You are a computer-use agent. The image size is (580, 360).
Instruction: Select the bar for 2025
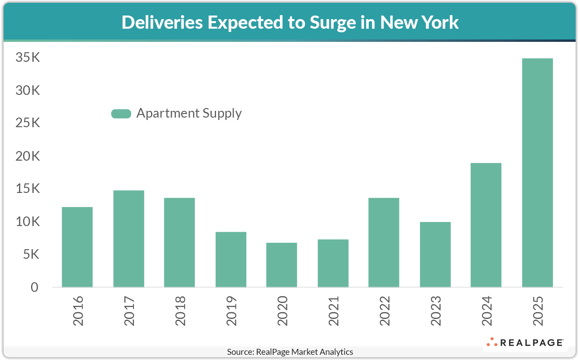point(537,173)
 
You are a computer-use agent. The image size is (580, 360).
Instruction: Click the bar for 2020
point(281,265)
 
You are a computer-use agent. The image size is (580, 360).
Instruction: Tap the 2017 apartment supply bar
point(128,238)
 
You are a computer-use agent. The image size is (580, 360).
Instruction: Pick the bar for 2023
point(435,254)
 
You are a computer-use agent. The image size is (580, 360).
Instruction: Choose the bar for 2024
point(486,225)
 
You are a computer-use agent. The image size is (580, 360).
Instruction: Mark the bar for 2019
point(231,259)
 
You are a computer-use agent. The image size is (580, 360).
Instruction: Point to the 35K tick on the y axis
point(28,57)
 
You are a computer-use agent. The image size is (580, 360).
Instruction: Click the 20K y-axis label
point(28,156)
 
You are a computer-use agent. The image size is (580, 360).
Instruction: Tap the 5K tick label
point(31,254)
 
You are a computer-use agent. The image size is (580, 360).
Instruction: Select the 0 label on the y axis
point(35,287)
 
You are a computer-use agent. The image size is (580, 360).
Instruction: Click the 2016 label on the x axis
point(78,311)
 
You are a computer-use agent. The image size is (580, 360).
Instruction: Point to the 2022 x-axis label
point(385,311)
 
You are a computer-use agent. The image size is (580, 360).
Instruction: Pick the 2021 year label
point(334,311)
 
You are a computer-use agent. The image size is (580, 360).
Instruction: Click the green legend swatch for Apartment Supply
point(121,114)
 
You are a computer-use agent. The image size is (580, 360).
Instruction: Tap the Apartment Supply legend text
point(189,113)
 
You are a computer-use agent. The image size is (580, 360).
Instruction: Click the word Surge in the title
point(333,23)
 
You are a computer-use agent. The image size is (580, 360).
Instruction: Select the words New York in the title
point(419,22)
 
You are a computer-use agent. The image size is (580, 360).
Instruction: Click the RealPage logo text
point(531,342)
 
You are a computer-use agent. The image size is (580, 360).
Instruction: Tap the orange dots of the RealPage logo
point(492,342)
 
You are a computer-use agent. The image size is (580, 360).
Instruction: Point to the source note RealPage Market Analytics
point(290,352)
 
